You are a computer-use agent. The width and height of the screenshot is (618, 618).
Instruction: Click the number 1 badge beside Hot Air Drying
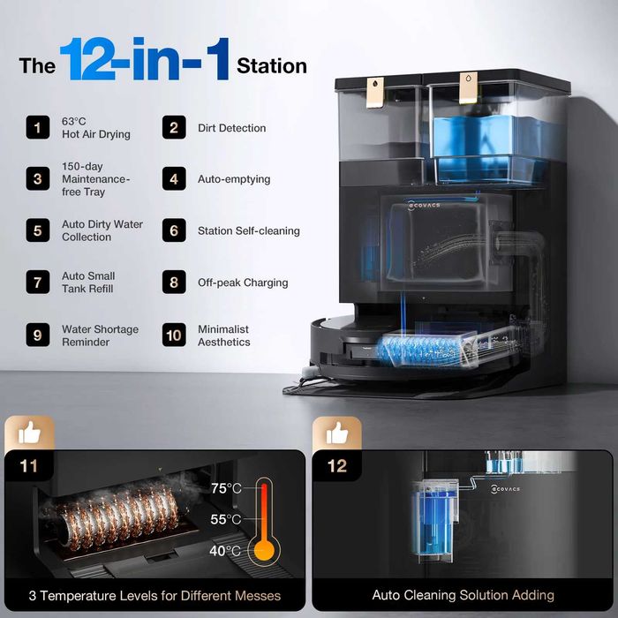pyautogui.click(x=38, y=127)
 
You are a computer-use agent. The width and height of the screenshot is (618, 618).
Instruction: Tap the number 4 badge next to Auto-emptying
pyautogui.click(x=174, y=179)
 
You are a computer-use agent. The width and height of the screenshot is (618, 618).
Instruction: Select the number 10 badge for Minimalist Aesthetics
pyautogui.click(x=174, y=335)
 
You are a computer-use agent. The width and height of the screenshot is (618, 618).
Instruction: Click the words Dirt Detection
pyautogui.click(x=231, y=128)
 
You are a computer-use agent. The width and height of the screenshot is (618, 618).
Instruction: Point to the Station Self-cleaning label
pyautogui.click(x=249, y=230)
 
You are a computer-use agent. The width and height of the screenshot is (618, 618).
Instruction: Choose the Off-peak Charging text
pyautogui.click(x=243, y=283)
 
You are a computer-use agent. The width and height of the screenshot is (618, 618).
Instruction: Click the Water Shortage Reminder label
pyautogui.click(x=100, y=335)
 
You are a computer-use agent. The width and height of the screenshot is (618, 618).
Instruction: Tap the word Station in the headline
pyautogui.click(x=272, y=66)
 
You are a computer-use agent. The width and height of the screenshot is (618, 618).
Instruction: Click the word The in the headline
pyautogui.click(x=37, y=66)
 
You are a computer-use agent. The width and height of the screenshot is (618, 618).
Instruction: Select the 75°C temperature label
pyautogui.click(x=226, y=488)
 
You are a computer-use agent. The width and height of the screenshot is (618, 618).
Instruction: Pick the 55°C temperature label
pyautogui.click(x=226, y=519)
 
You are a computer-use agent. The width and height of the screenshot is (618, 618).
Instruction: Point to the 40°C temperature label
pyautogui.click(x=225, y=550)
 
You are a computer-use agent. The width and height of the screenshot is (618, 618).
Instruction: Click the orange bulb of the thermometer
pyautogui.click(x=264, y=550)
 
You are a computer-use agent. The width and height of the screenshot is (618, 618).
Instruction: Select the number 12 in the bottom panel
pyautogui.click(x=337, y=466)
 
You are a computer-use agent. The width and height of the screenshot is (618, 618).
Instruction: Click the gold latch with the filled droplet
pyautogui.click(x=375, y=92)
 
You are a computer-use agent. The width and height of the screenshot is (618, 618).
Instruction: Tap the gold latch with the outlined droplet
pyautogui.click(x=468, y=87)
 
